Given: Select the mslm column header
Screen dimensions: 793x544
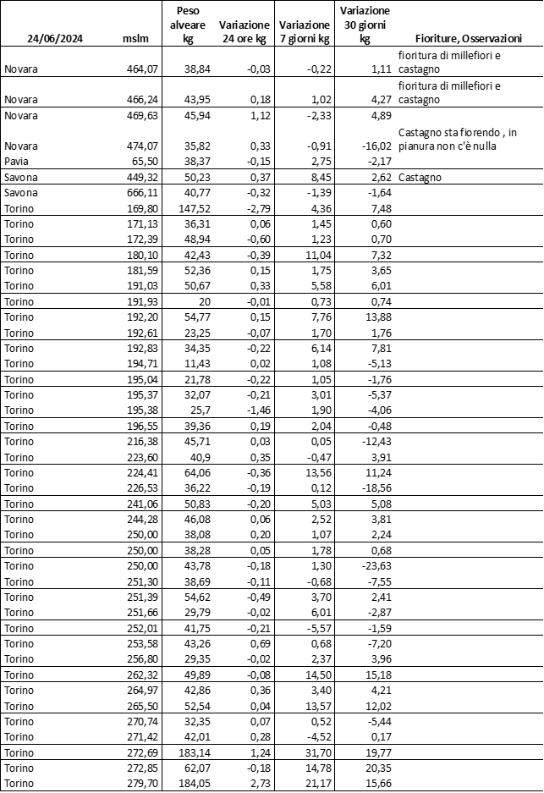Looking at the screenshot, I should [x=135, y=39].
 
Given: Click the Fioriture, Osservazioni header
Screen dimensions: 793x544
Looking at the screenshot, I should [x=468, y=39].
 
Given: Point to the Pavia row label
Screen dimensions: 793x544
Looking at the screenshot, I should [x=15, y=161].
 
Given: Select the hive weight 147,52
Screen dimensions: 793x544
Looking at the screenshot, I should [x=190, y=207].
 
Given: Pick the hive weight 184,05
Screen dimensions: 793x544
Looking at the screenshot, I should [x=190, y=783].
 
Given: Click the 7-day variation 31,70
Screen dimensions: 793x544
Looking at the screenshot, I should [x=312, y=752].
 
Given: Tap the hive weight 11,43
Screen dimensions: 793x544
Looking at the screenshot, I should [x=193, y=362].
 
